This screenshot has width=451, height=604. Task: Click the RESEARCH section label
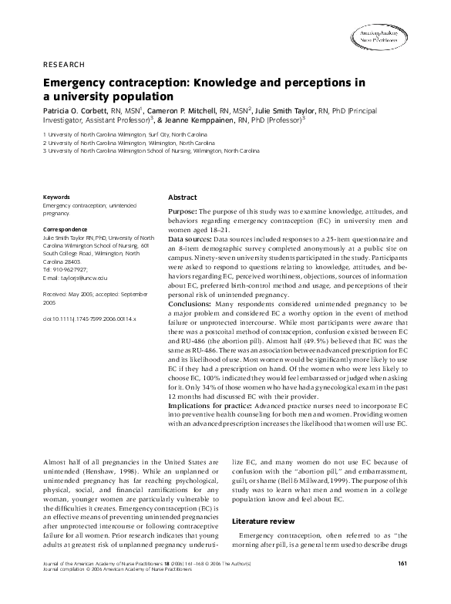[64, 64]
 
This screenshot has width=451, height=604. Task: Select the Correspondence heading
[67, 230]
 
